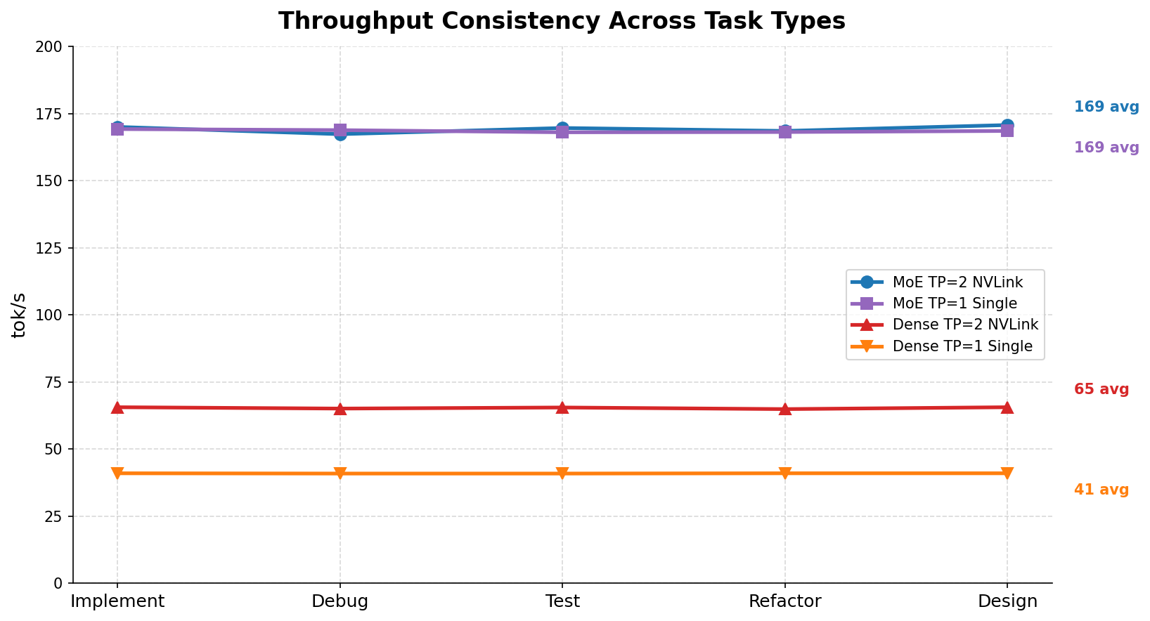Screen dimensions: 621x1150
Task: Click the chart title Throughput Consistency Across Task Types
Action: point(562,21)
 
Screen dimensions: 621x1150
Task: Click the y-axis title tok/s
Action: point(20,315)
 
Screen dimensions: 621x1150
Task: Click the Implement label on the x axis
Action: point(117,601)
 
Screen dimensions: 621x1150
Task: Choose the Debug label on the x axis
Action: point(340,601)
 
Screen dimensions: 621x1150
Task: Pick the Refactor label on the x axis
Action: point(784,601)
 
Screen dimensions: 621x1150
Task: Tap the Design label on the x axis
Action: point(1007,601)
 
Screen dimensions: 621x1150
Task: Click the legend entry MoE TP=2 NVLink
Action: point(957,282)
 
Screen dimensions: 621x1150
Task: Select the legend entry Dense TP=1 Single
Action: point(962,346)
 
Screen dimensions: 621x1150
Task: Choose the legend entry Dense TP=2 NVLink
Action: point(964,325)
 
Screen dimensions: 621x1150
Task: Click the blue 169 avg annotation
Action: point(1106,107)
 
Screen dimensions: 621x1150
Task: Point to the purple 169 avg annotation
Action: point(1106,148)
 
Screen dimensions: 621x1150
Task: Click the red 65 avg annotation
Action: point(1101,389)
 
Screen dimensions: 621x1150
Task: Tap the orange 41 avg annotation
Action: point(1101,490)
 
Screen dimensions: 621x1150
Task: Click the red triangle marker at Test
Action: point(562,407)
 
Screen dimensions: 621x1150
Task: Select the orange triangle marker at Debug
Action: point(340,473)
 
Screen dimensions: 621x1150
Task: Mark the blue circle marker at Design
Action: point(1007,125)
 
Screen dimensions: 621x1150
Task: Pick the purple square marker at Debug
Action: point(340,130)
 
